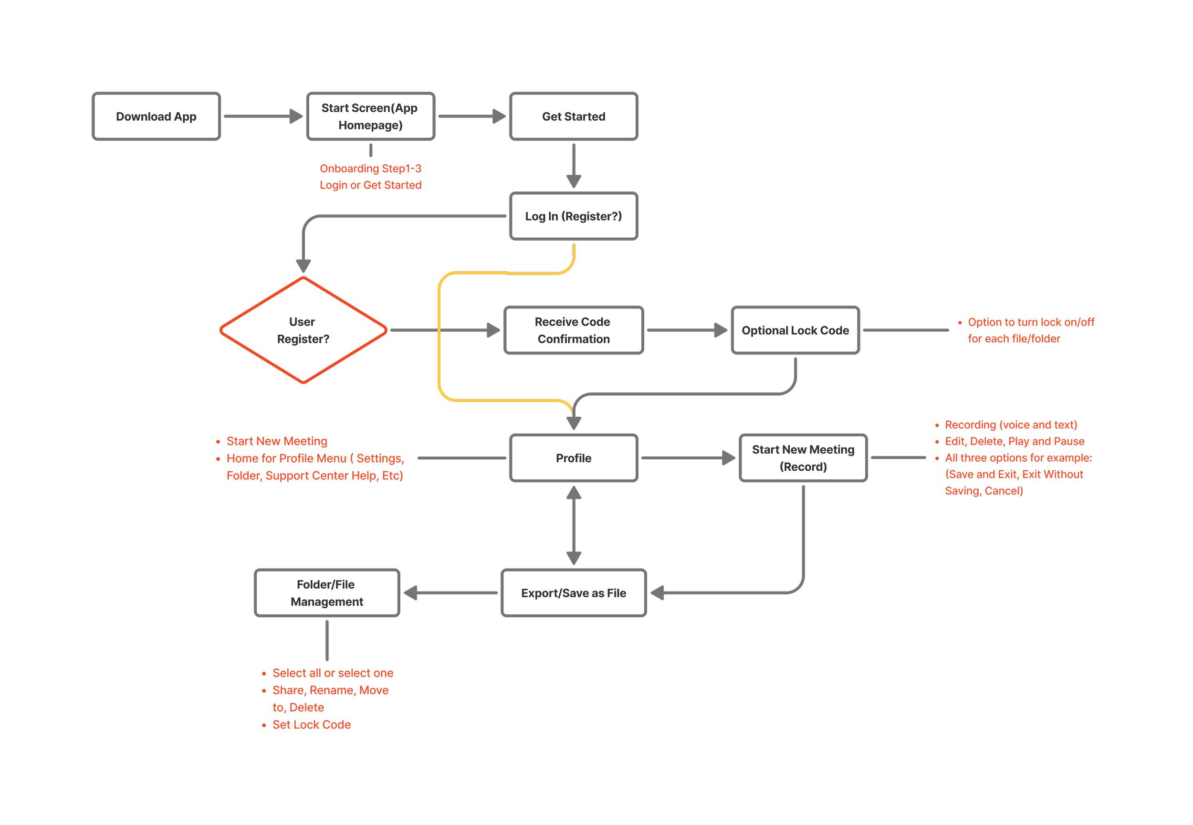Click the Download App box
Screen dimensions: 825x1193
click(156, 116)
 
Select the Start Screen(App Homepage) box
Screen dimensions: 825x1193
click(370, 116)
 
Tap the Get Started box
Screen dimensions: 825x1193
click(574, 116)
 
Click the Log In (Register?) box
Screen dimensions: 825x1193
click(574, 216)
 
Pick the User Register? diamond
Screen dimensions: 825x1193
click(303, 330)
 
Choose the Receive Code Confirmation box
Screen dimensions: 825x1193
click(574, 330)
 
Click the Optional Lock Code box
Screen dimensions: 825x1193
click(795, 330)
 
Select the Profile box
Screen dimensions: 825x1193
click(574, 458)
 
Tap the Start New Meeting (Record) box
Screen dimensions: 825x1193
click(803, 458)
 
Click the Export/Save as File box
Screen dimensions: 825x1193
click(574, 593)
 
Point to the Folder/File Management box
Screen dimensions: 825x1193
click(327, 593)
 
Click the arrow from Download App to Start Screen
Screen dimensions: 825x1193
click(262, 116)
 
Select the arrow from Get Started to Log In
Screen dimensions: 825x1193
click(574, 165)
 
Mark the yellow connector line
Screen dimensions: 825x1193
click(439, 336)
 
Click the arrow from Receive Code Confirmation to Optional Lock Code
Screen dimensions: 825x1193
click(686, 330)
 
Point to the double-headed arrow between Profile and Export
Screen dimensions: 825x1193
click(574, 525)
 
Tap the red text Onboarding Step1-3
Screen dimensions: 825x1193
click(370, 169)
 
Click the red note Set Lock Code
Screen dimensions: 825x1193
click(312, 725)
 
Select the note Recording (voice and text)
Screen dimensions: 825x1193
click(1011, 425)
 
